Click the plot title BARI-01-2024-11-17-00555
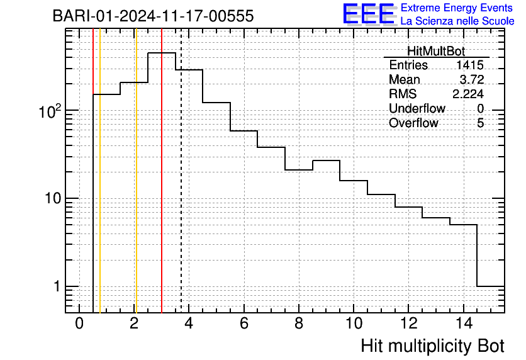(x=154, y=16)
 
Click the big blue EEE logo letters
(x=369, y=14)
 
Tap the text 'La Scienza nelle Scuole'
(x=457, y=21)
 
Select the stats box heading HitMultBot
(x=436, y=51)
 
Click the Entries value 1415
(x=469, y=65)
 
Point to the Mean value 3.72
(x=472, y=79)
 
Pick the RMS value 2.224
(x=468, y=94)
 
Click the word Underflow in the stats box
(x=417, y=108)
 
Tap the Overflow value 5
(x=480, y=123)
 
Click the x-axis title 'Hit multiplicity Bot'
(x=432, y=346)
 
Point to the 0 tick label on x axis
(x=79, y=323)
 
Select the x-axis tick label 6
(x=244, y=323)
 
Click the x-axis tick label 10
(x=354, y=323)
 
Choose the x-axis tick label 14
(x=464, y=323)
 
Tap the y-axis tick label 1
(x=57, y=286)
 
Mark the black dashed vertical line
(x=181, y=171)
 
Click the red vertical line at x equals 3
(x=162, y=171)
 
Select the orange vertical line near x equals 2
(x=136, y=171)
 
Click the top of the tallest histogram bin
(x=162, y=53)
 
